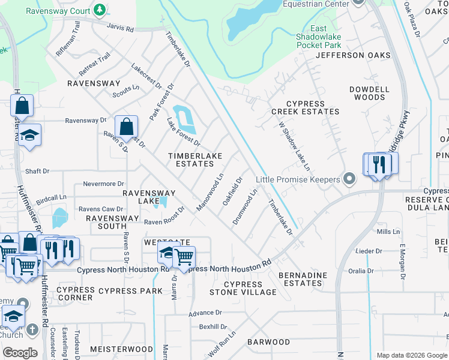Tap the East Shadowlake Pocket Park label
[x=319, y=37]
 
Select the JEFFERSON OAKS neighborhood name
[x=353, y=55]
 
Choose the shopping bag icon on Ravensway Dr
[x=127, y=128]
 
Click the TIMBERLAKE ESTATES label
[x=194, y=160]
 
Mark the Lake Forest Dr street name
[x=183, y=133]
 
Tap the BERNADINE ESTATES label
[x=300, y=279]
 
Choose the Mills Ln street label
[x=388, y=232]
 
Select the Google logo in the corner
[x=20, y=353]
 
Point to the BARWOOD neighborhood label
[x=268, y=342]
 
